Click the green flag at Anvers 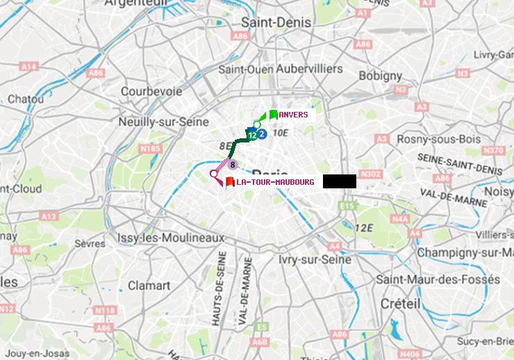(x=273, y=114)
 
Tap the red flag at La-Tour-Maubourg (x=229, y=181)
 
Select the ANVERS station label (x=294, y=115)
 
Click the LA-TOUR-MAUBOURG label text (x=275, y=182)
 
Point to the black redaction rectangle (x=339, y=181)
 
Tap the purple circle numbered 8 (x=233, y=165)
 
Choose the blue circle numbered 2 (x=262, y=134)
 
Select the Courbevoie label (x=151, y=91)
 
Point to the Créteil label (x=400, y=304)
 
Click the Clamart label (x=149, y=286)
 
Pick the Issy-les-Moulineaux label (x=171, y=238)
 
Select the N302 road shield (x=372, y=174)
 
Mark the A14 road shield (x=28, y=67)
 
